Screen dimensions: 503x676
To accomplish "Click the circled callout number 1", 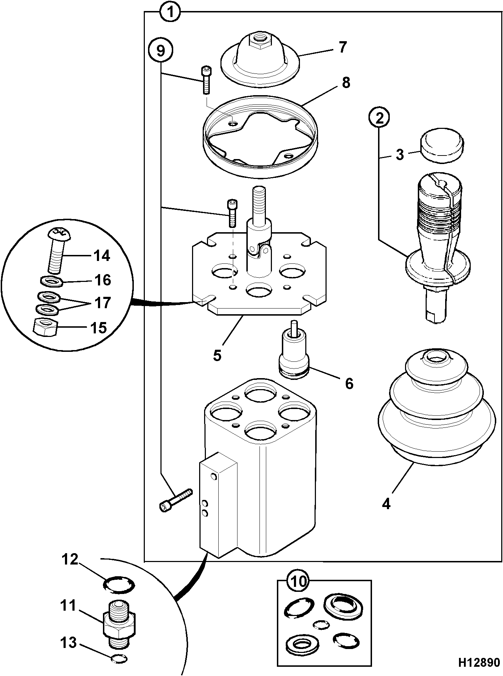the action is pos(170,12).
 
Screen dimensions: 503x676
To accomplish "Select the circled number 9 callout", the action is pos(161,51).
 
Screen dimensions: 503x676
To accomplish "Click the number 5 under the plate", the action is pos(217,355).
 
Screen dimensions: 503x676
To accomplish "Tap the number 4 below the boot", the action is pos(386,503).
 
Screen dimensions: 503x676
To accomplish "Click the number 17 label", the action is pos(102,303).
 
